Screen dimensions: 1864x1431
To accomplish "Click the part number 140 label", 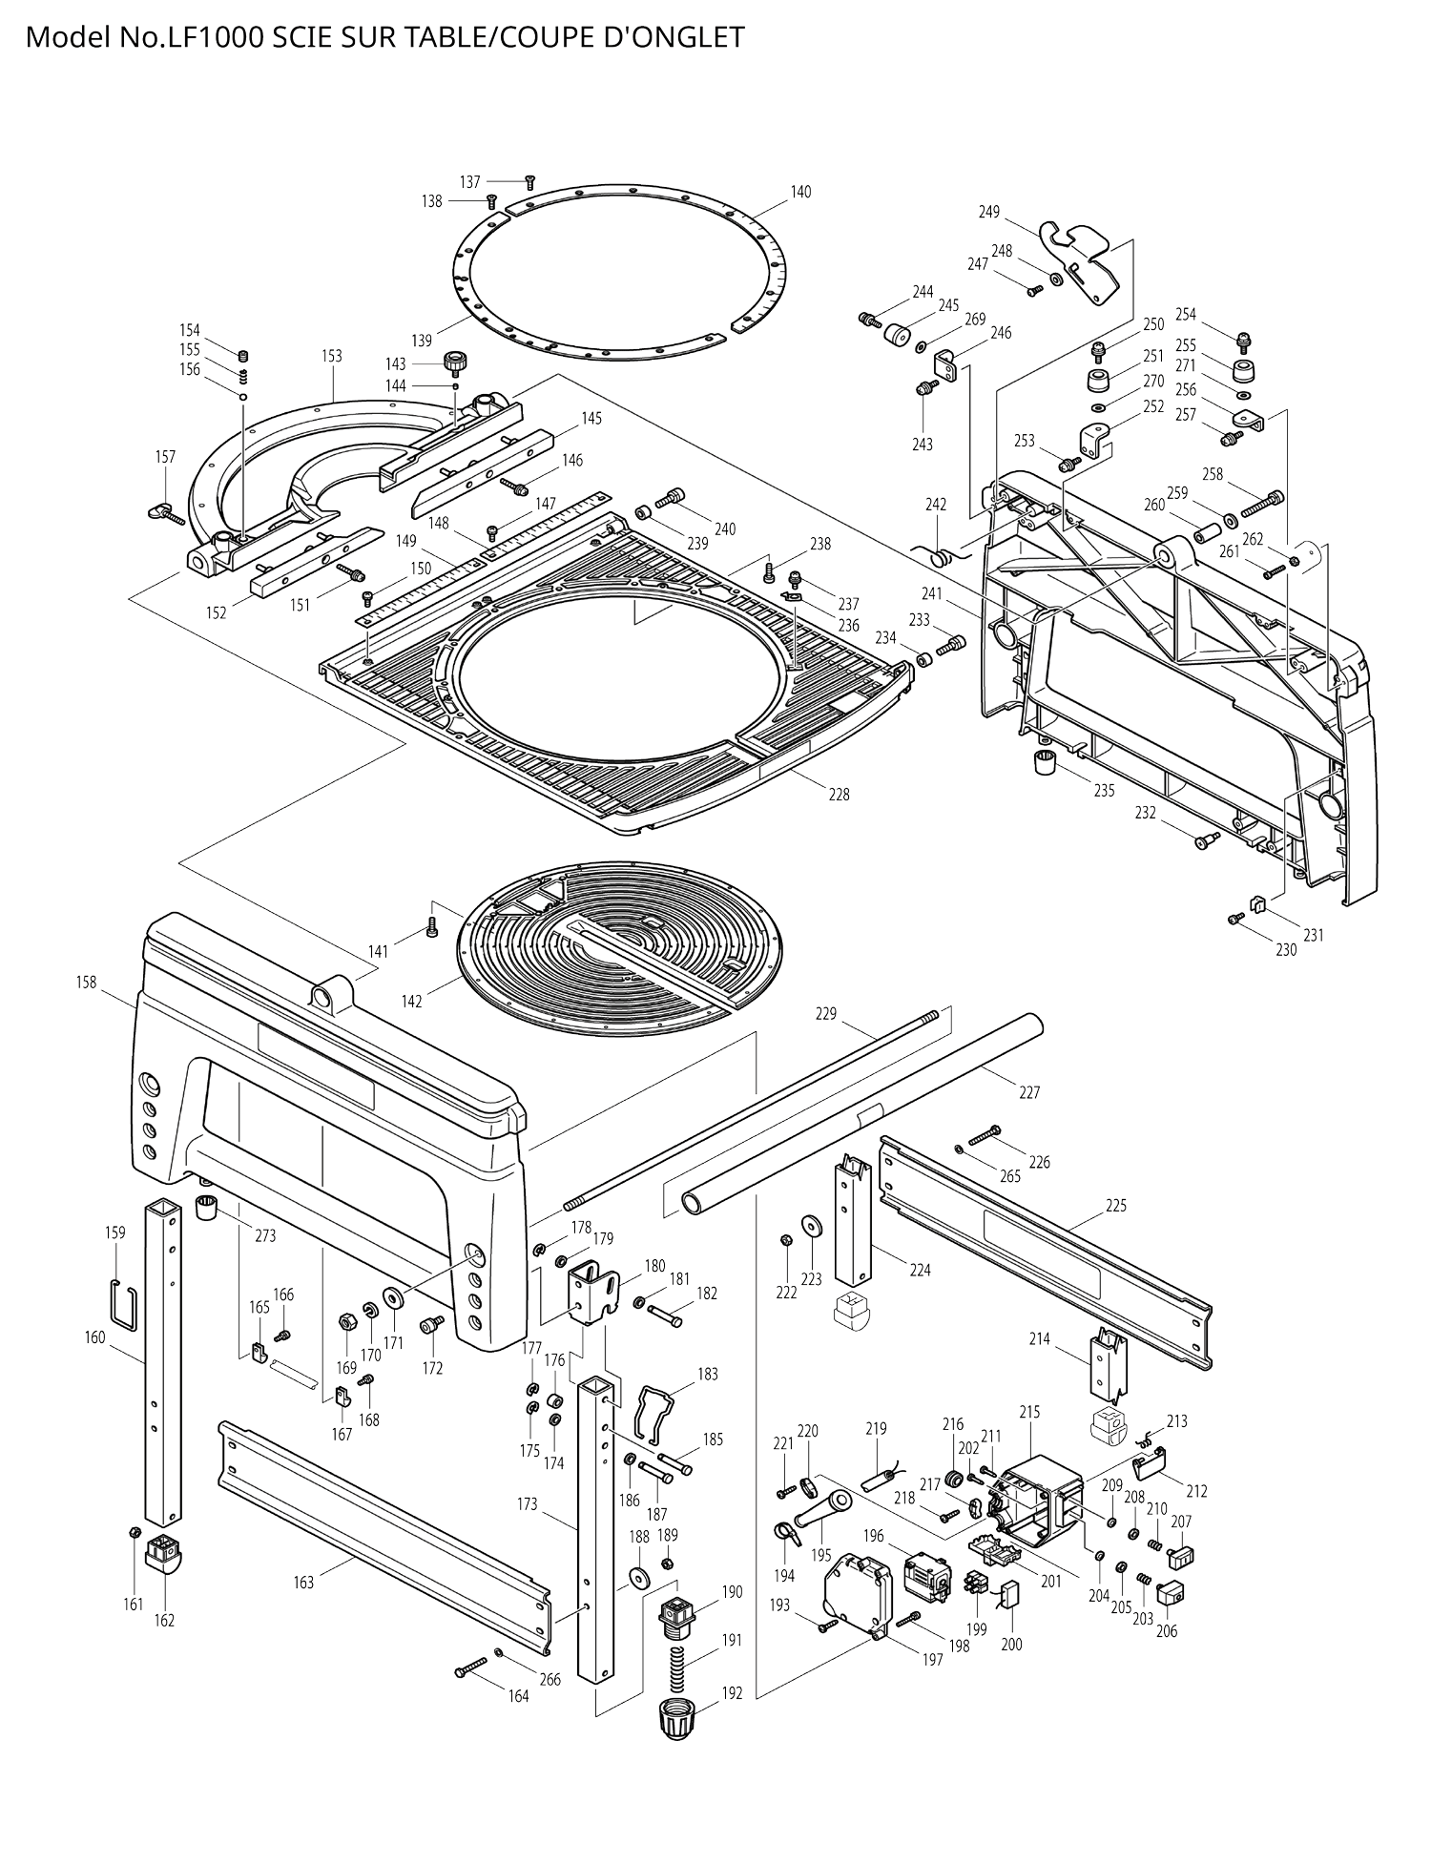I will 800,192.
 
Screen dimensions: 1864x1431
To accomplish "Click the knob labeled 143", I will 455,362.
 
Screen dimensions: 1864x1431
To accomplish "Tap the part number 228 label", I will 838,794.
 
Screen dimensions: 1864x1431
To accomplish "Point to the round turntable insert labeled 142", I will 620,944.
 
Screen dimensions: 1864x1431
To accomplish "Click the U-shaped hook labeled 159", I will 122,1304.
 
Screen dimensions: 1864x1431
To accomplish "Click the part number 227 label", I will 1028,1092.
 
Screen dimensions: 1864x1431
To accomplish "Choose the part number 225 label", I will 1116,1205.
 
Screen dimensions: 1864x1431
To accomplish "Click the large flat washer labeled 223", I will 812,1225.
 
